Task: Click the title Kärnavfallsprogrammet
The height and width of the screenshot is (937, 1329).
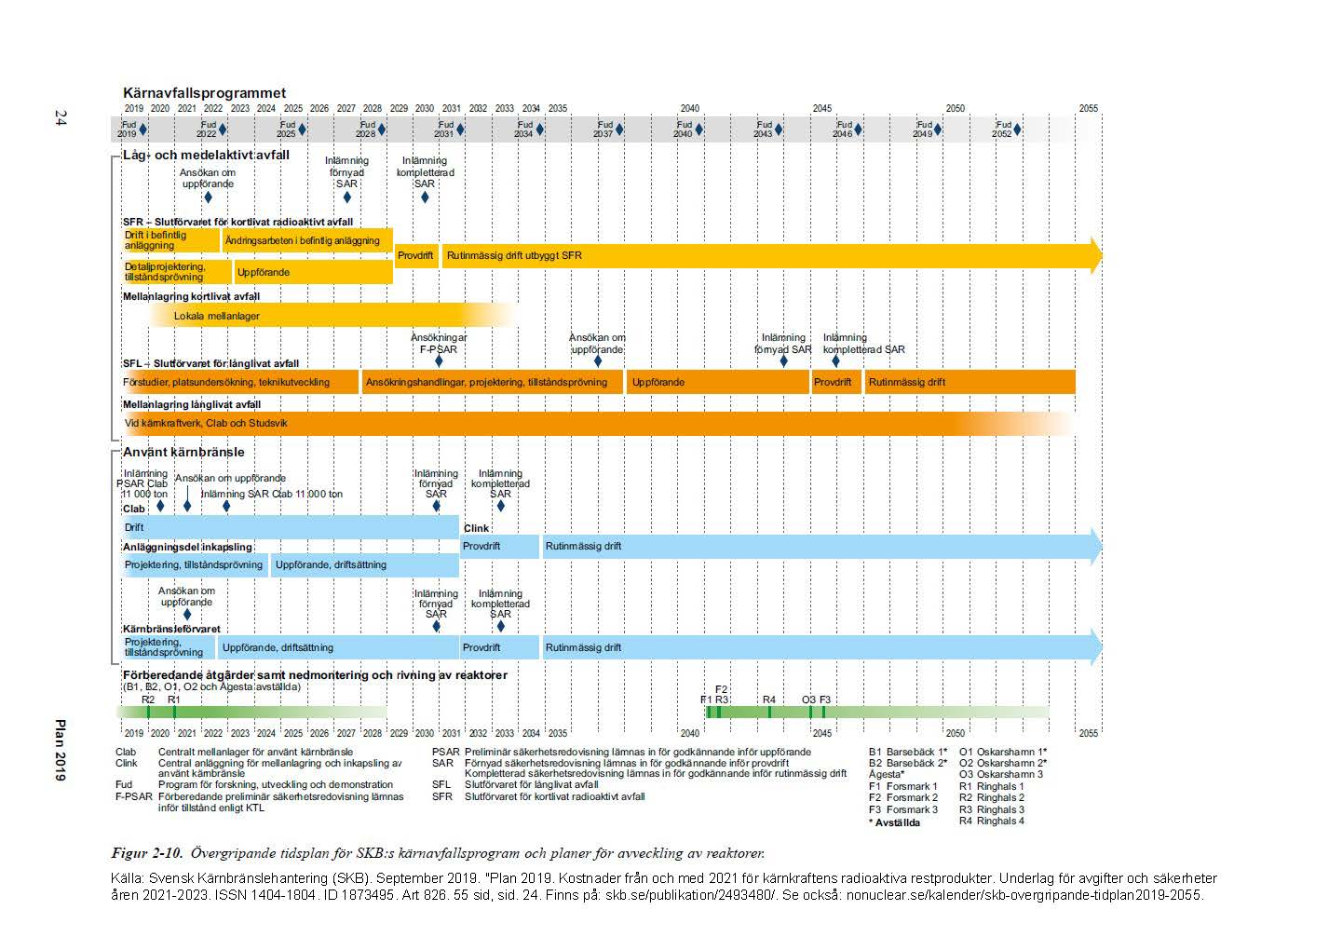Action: tap(204, 93)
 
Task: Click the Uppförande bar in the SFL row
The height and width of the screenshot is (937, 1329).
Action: tap(717, 382)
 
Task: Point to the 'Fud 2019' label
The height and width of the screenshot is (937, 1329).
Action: tap(128, 129)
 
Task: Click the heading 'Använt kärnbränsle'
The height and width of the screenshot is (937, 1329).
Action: tap(183, 452)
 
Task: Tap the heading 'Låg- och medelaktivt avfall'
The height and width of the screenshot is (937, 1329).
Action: tap(206, 155)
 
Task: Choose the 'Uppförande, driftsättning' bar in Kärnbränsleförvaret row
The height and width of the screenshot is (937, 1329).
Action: tap(339, 647)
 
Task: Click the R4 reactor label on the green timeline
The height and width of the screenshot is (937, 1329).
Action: tap(768, 699)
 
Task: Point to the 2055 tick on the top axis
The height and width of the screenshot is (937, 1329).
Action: tap(1088, 108)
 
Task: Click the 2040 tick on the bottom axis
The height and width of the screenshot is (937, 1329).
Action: tap(689, 733)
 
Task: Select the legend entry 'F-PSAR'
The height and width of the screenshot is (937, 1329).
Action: tap(133, 797)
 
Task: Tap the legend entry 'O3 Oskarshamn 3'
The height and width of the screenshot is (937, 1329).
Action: tap(1001, 774)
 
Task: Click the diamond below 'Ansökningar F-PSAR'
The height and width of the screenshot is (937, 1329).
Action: tap(439, 361)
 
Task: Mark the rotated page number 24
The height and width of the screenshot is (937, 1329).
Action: tap(61, 117)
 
